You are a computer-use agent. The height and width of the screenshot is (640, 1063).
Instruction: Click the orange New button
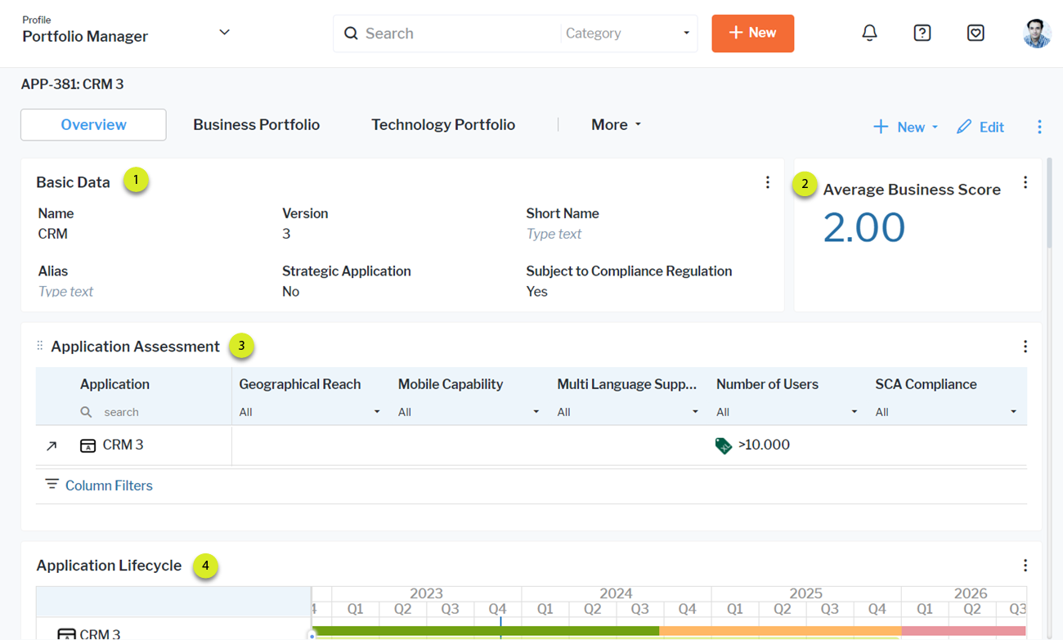(x=752, y=34)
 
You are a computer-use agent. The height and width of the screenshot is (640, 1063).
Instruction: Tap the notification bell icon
(x=869, y=33)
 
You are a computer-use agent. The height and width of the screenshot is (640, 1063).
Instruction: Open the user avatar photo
(x=1037, y=34)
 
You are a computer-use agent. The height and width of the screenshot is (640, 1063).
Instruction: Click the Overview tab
(x=93, y=125)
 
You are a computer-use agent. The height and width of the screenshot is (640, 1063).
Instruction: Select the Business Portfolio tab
(x=256, y=125)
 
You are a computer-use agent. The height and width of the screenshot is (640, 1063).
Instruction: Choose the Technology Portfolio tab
(x=442, y=125)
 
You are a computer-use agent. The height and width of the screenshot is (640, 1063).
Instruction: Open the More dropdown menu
(x=616, y=125)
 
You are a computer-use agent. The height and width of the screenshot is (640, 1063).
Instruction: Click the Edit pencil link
(x=980, y=127)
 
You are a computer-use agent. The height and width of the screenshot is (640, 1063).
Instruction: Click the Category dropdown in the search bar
(x=627, y=34)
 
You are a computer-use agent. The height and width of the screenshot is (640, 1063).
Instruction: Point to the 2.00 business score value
(x=863, y=227)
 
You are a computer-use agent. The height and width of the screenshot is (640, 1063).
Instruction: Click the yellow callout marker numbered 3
(x=241, y=346)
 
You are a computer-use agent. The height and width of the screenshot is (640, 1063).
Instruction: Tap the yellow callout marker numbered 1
(x=136, y=180)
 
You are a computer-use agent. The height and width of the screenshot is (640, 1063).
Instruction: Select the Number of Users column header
(x=766, y=384)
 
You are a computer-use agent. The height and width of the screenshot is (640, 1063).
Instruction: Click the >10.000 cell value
(x=763, y=445)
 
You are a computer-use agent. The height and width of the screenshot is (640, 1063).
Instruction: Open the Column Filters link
(x=108, y=486)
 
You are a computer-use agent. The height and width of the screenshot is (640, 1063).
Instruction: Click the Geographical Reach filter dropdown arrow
(x=377, y=412)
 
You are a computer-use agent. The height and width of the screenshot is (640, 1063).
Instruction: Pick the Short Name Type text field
(x=554, y=234)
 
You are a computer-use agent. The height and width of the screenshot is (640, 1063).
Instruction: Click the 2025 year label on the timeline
(x=805, y=593)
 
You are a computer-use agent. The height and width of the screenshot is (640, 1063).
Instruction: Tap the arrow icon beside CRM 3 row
(x=52, y=445)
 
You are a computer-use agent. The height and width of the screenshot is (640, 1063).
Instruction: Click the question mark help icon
(x=922, y=33)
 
